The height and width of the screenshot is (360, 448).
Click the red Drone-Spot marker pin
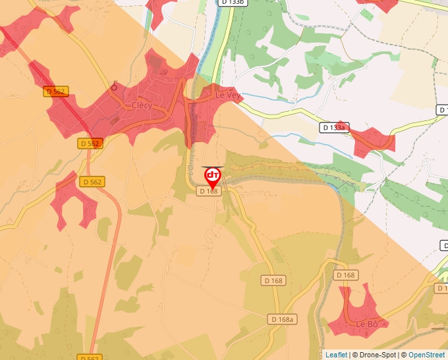tap(213, 176)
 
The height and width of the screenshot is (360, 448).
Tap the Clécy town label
tap(142, 105)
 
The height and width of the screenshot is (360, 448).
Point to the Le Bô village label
tap(367, 324)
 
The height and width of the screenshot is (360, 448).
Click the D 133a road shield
tap(334, 127)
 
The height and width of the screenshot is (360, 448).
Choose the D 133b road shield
tap(233, 3)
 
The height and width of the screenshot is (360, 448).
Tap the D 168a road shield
tap(283, 319)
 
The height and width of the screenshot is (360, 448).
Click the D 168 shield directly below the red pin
tap(208, 191)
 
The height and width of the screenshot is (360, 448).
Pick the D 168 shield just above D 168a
tap(273, 280)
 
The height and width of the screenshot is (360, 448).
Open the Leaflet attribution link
tap(336, 355)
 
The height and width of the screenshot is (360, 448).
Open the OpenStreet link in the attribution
tap(426, 355)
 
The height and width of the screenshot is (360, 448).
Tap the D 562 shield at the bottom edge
tap(89, 357)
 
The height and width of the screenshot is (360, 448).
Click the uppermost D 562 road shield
tap(56, 91)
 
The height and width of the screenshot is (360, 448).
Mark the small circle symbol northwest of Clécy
tap(114, 87)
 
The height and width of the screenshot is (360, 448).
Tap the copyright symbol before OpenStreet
tap(404, 355)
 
